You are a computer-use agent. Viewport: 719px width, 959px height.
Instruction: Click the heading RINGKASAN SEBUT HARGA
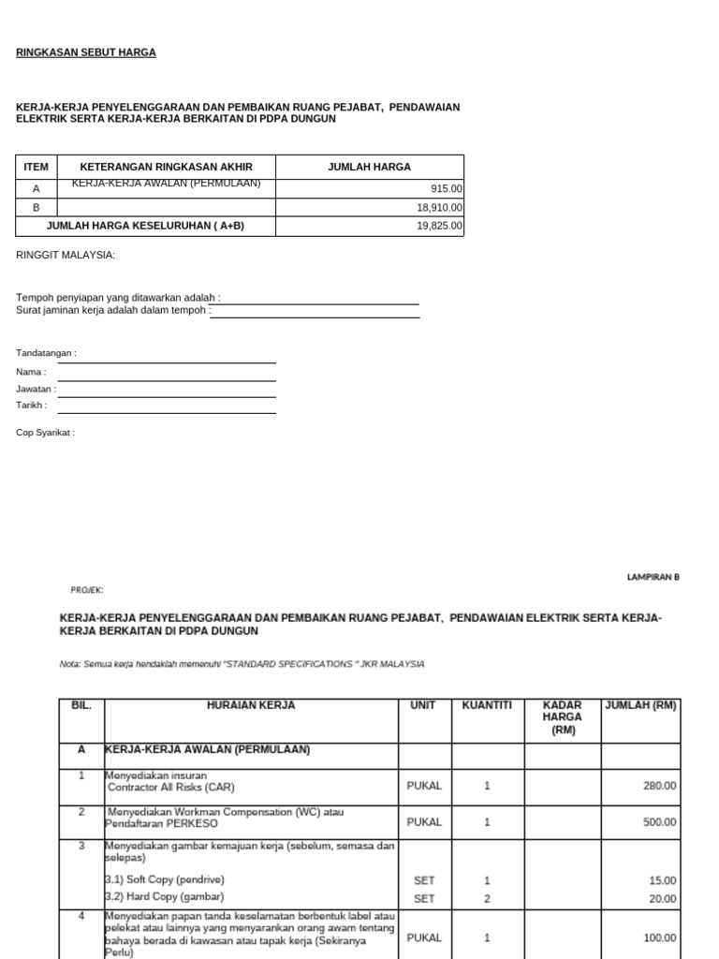click(86, 52)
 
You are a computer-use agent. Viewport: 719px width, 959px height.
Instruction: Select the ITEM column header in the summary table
click(36, 167)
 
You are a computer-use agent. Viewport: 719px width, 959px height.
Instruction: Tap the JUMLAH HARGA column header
click(369, 167)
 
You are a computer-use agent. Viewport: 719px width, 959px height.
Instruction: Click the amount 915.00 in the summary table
click(446, 189)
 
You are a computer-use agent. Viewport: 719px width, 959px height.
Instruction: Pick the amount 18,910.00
click(439, 208)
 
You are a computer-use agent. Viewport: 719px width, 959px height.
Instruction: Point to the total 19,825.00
click(439, 227)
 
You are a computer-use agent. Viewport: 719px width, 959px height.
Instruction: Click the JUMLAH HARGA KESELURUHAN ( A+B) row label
click(146, 227)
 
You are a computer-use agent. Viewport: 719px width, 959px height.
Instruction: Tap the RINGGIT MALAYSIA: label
click(66, 255)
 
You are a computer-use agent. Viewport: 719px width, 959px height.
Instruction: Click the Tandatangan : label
click(46, 353)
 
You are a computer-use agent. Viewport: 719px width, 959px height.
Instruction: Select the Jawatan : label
click(36, 389)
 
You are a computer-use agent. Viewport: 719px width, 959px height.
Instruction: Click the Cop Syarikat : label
click(45, 433)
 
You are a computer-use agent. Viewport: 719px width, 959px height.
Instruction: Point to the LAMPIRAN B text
click(653, 577)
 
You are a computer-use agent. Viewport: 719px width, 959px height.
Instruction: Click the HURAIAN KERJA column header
click(251, 705)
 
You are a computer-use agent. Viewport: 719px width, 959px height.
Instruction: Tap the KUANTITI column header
click(487, 705)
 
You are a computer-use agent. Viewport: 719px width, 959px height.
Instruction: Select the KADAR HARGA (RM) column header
click(563, 717)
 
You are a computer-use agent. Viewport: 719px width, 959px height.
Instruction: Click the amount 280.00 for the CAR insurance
click(659, 786)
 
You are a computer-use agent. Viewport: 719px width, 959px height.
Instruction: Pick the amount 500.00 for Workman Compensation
click(659, 822)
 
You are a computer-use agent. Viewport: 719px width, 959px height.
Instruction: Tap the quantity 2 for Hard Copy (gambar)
click(487, 898)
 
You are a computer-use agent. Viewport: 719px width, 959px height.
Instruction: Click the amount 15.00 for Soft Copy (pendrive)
click(664, 880)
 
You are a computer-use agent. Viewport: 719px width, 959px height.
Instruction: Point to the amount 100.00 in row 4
click(659, 937)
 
